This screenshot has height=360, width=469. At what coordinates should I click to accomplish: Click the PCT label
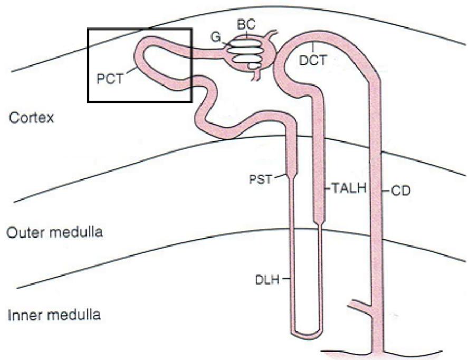point(110,79)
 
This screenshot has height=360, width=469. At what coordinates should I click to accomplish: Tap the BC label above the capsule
point(246,24)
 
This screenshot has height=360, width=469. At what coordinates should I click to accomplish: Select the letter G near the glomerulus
point(216,37)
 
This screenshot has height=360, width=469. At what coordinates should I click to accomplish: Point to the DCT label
point(313,61)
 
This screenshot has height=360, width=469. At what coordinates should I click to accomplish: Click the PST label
point(261,179)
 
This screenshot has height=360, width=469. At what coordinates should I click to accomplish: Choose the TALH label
point(349,188)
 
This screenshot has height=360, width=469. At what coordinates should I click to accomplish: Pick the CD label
point(401,191)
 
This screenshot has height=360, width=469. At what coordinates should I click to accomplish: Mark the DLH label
point(267,280)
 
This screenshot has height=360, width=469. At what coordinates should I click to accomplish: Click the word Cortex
point(32,118)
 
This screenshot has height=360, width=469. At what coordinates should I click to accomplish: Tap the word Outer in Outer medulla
point(25,232)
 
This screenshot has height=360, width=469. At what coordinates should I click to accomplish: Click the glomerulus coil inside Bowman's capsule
point(244,54)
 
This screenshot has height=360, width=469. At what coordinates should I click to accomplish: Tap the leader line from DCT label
point(313,48)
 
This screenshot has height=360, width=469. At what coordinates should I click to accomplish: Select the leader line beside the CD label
point(386,191)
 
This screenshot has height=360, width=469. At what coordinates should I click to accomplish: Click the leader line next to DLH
point(285,279)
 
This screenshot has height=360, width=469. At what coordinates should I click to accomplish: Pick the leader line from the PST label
point(280,176)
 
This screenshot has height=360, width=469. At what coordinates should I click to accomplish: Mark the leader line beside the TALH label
point(328,188)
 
